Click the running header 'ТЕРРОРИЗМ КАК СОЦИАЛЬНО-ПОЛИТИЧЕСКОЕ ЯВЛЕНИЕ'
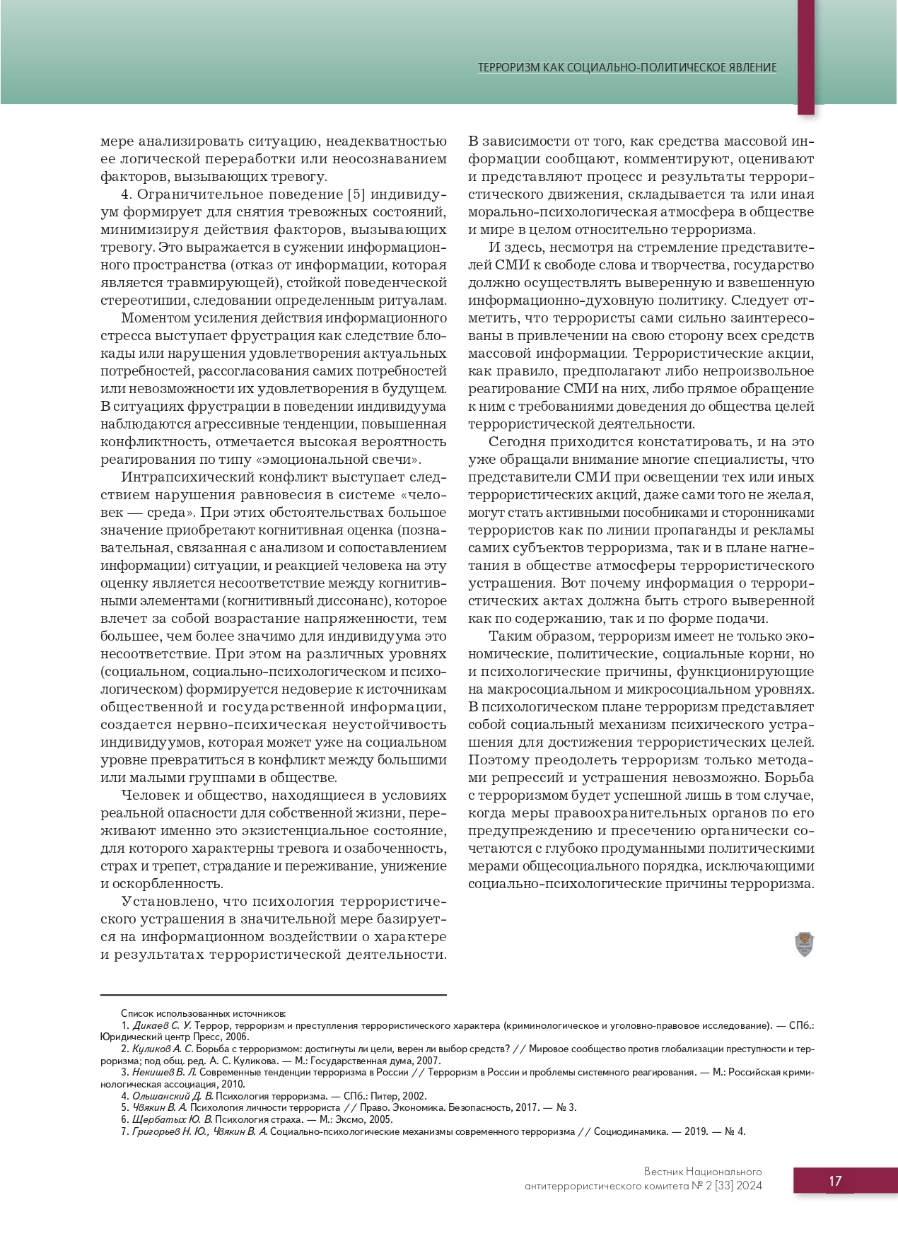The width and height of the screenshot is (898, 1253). [627, 68]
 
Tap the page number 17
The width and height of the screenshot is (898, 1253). [835, 1181]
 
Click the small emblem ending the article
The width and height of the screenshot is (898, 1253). [804, 944]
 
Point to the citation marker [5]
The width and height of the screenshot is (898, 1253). [356, 194]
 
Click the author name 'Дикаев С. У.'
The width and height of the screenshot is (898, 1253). [162, 1025]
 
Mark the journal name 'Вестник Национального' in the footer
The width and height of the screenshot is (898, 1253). [702, 1172]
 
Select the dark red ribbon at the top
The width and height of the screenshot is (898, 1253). [805, 57]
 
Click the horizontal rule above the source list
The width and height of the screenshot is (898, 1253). [273, 995]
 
